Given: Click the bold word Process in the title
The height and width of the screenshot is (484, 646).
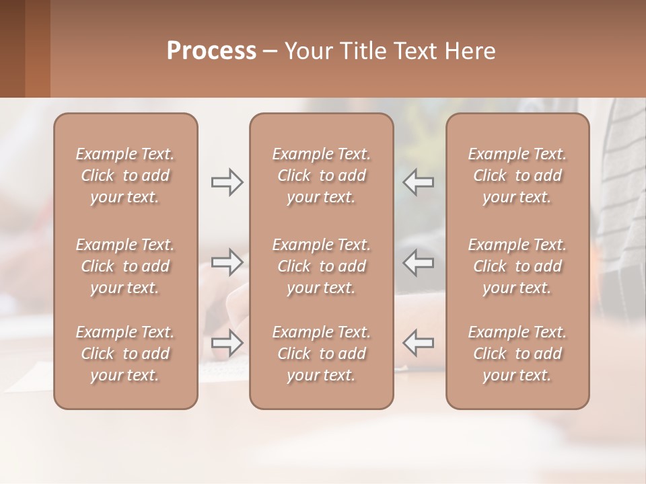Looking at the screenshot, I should pyautogui.click(x=211, y=51).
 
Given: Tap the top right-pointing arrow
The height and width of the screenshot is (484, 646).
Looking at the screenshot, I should pyautogui.click(x=227, y=182).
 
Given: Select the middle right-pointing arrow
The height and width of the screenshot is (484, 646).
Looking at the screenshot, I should pyautogui.click(x=227, y=262).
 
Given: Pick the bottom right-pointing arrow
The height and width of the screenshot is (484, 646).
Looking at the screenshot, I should pyautogui.click(x=227, y=343).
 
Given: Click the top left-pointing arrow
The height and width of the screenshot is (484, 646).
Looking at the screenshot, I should pyautogui.click(x=419, y=182).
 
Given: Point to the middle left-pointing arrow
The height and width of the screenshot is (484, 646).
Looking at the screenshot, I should pyautogui.click(x=419, y=262).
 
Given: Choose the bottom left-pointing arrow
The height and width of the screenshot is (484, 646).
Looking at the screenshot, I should pyautogui.click(x=419, y=343).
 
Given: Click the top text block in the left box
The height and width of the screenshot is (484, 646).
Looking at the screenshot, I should pyautogui.click(x=125, y=175).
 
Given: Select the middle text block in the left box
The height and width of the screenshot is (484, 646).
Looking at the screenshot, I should pyautogui.click(x=125, y=266).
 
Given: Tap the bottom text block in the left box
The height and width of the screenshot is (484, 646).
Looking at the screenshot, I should pyautogui.click(x=125, y=354).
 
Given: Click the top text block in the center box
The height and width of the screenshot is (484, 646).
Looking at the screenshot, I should pyautogui.click(x=321, y=175).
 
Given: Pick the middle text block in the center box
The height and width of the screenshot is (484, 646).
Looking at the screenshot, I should pyautogui.click(x=321, y=266).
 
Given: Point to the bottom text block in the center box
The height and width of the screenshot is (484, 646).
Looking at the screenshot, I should pyautogui.click(x=321, y=354).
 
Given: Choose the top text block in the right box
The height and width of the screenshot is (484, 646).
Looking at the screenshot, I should pyautogui.click(x=517, y=175).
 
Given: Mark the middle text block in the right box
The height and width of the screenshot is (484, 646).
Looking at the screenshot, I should pyautogui.click(x=517, y=266).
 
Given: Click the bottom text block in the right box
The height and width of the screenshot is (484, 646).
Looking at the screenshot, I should pyautogui.click(x=517, y=354).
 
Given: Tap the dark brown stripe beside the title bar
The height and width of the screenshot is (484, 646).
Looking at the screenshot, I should pyautogui.click(x=12, y=48).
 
